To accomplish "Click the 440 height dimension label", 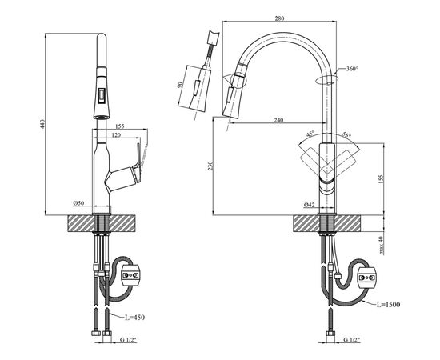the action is point(42,124).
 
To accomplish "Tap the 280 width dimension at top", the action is point(279,18).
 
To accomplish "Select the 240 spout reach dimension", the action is point(278,120).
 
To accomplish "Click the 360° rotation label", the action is point(352,69).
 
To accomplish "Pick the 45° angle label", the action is point(310,134).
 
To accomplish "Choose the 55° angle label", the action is point(347,134).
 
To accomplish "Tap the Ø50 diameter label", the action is point(78,203).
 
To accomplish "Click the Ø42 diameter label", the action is point(309,205).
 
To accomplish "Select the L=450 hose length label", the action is point(134,318).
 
